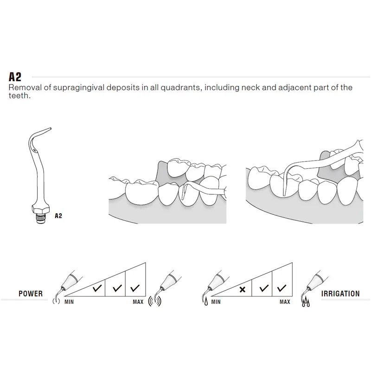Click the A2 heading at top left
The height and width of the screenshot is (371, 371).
coord(15,77)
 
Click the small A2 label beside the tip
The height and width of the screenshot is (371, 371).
coord(58,216)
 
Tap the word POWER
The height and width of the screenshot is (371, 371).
coord(31,294)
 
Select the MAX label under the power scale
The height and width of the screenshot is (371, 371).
coord(138,302)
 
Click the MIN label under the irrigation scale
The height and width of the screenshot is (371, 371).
coord(216,302)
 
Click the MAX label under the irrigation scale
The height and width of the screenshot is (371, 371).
coord(285,302)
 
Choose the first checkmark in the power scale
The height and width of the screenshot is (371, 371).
coord(97,288)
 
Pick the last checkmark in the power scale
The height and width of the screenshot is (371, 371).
coord(135,288)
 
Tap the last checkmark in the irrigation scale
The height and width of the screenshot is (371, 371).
coord(281,288)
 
